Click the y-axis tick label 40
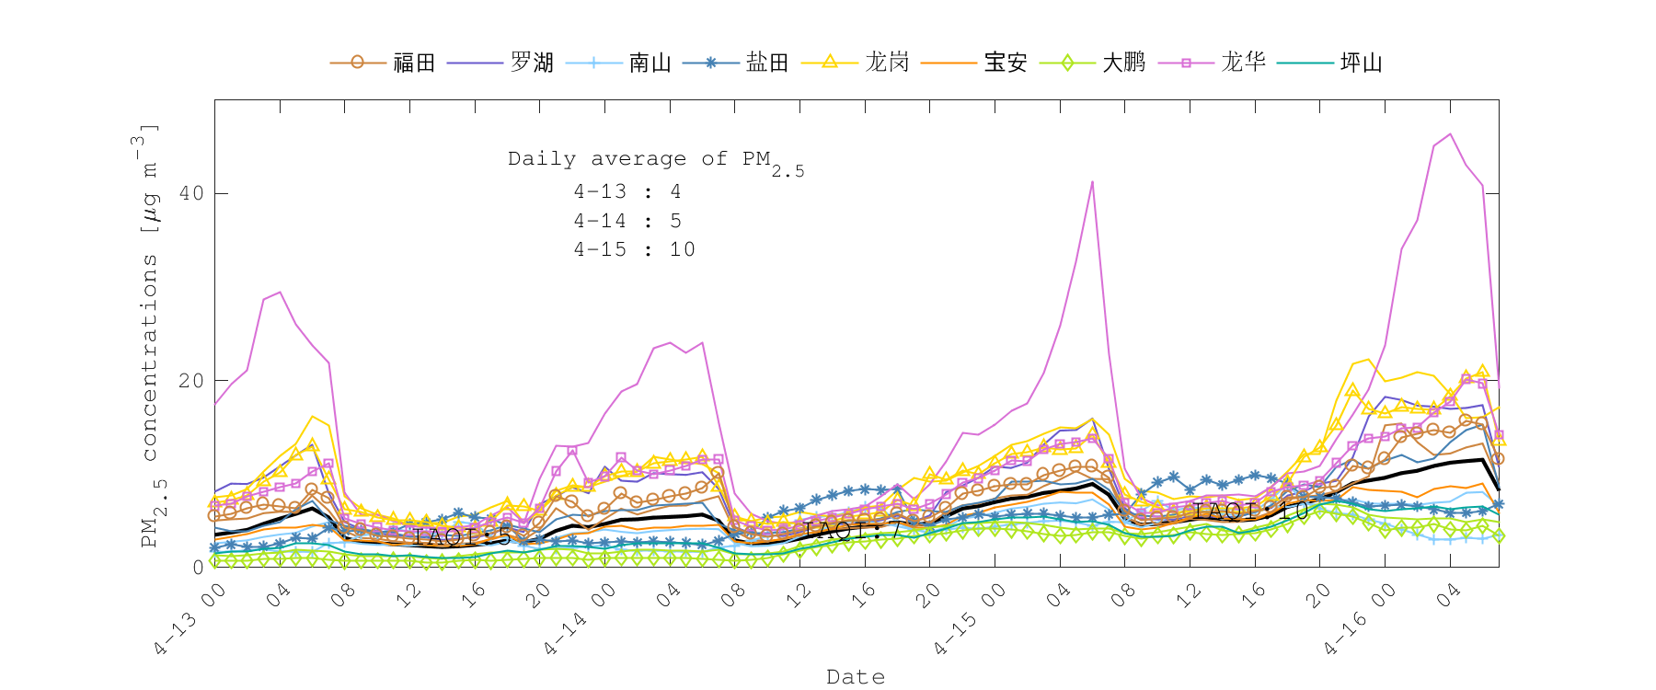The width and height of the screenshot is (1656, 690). [191, 194]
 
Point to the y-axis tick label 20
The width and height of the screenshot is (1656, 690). [191, 381]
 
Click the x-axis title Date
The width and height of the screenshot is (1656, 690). [856, 677]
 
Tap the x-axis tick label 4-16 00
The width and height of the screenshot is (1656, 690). [1359, 620]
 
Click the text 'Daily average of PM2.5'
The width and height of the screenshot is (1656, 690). [655, 161]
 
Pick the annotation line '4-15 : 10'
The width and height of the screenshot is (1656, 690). [634, 250]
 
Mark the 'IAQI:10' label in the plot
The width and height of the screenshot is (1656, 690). [1251, 512]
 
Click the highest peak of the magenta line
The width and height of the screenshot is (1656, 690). [1450, 134]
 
